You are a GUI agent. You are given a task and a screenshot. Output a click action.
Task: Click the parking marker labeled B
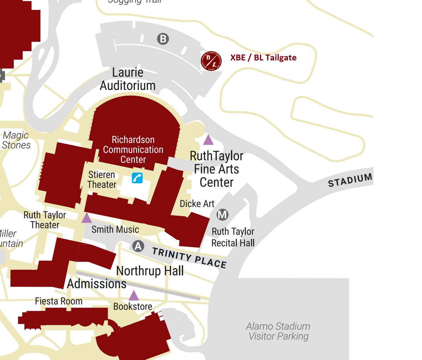pos(163,39)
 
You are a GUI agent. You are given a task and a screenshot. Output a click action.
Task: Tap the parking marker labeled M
pos(222,214)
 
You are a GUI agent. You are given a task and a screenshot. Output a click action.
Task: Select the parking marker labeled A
pos(138,246)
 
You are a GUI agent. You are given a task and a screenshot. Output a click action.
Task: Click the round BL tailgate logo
pos(211,61)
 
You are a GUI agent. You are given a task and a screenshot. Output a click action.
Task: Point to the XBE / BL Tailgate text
pos(263,58)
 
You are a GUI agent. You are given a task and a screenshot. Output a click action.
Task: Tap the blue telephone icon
pos(137,178)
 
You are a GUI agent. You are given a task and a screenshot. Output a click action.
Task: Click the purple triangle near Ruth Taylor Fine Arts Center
pos(208,140)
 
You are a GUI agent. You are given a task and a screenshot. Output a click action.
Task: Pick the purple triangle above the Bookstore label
pos(134,296)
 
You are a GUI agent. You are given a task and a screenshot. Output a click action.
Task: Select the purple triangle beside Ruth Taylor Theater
pos(87,218)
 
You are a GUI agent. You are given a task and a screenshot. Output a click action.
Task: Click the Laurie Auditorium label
pos(128,79)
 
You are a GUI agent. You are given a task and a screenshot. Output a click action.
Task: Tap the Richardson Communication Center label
pos(133,149)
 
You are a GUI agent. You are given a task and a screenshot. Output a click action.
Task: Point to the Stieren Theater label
pos(102,180)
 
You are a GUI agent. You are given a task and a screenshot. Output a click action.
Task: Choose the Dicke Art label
pos(197,204)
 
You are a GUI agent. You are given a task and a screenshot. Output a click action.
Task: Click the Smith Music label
pos(115,230)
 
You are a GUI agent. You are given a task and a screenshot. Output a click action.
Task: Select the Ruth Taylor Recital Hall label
pos(233,237)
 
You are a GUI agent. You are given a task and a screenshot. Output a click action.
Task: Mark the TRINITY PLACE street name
pos(189,258)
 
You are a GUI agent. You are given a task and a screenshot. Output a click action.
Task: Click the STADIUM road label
pos(350,180)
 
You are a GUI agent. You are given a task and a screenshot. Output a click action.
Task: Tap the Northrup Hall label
pos(150,271)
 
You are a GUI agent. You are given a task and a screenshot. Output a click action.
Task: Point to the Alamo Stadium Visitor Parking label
pos(278,331)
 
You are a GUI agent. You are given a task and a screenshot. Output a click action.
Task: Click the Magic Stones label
pos(16,140)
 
